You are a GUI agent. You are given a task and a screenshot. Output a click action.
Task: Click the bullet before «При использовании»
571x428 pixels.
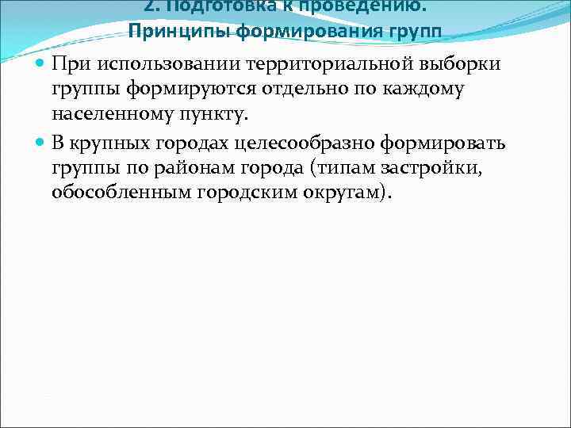[x=41, y=63]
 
